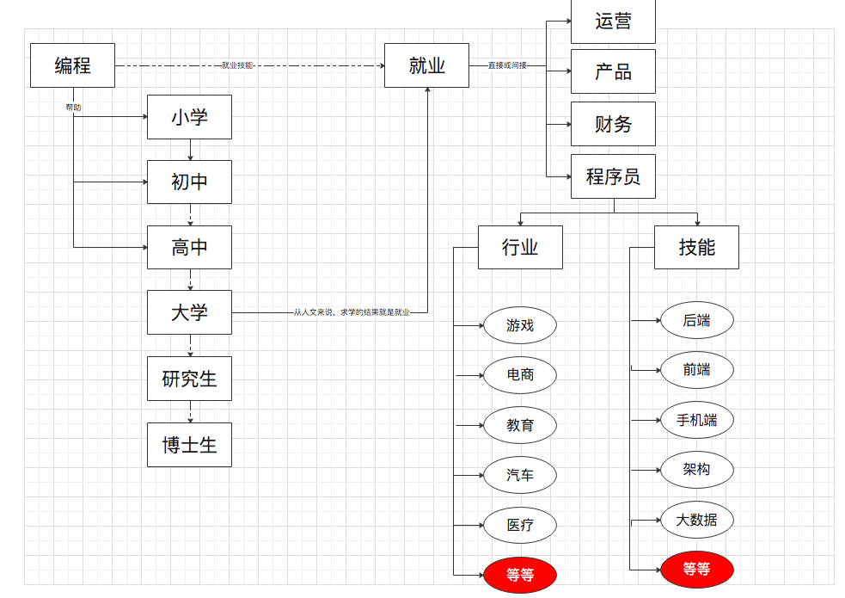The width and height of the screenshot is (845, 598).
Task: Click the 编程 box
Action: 72,65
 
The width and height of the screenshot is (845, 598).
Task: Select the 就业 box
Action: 426,65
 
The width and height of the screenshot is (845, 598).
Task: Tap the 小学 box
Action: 189,117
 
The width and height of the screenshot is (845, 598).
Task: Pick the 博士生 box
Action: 189,445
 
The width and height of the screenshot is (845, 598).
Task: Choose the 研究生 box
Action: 189,379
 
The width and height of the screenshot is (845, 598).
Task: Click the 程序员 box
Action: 613,176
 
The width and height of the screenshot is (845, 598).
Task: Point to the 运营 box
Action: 613,22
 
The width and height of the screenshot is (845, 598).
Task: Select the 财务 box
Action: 613,124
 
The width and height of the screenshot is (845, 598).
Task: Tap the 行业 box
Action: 520,247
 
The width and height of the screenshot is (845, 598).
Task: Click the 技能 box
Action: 696,247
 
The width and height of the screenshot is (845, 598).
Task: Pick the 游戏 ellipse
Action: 520,325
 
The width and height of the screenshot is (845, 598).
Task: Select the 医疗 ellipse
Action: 520,525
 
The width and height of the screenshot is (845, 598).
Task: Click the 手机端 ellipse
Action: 696,420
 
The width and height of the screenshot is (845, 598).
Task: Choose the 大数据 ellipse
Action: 696,520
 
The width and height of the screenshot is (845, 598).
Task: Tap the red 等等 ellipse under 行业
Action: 520,574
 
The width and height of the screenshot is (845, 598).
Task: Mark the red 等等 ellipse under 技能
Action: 696,569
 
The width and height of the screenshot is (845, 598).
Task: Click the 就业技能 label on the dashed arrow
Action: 237,65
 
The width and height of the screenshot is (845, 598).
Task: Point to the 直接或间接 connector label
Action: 507,65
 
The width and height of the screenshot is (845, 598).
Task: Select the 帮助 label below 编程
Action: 74,108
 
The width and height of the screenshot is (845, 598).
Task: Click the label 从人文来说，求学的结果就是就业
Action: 352,312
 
